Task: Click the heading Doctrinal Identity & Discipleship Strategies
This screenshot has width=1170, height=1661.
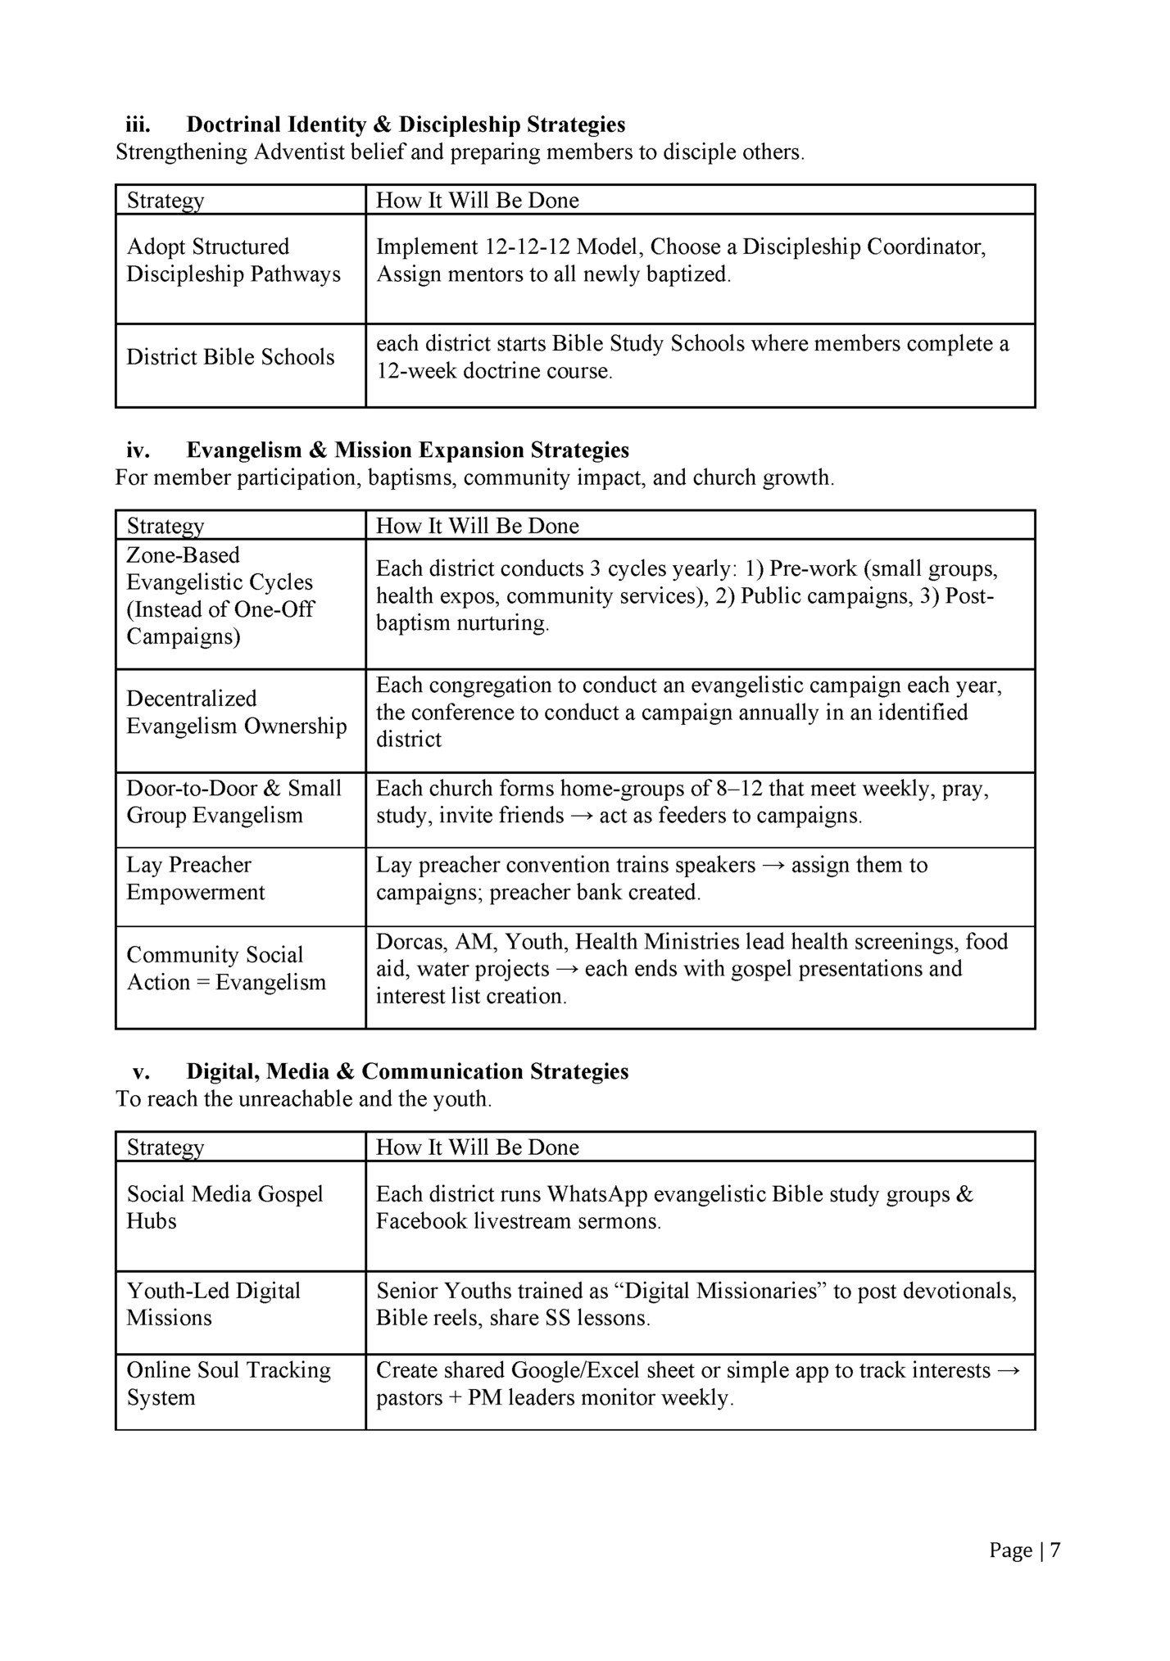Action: click(x=406, y=124)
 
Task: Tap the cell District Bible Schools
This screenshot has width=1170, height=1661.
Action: click(x=230, y=357)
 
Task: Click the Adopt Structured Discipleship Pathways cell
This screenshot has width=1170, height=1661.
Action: click(x=233, y=260)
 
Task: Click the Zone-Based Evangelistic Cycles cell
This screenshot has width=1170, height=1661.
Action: click(x=220, y=595)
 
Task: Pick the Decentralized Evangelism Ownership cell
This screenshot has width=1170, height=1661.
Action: click(x=236, y=713)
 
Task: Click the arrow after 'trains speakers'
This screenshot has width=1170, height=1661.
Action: click(x=773, y=866)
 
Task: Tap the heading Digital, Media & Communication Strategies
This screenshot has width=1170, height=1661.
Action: click(x=407, y=1071)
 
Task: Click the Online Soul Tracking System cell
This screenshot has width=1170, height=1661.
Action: click(x=228, y=1383)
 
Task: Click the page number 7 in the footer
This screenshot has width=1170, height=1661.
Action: click(x=1054, y=1550)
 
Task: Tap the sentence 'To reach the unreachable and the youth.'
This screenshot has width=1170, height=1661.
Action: click(x=303, y=1098)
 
